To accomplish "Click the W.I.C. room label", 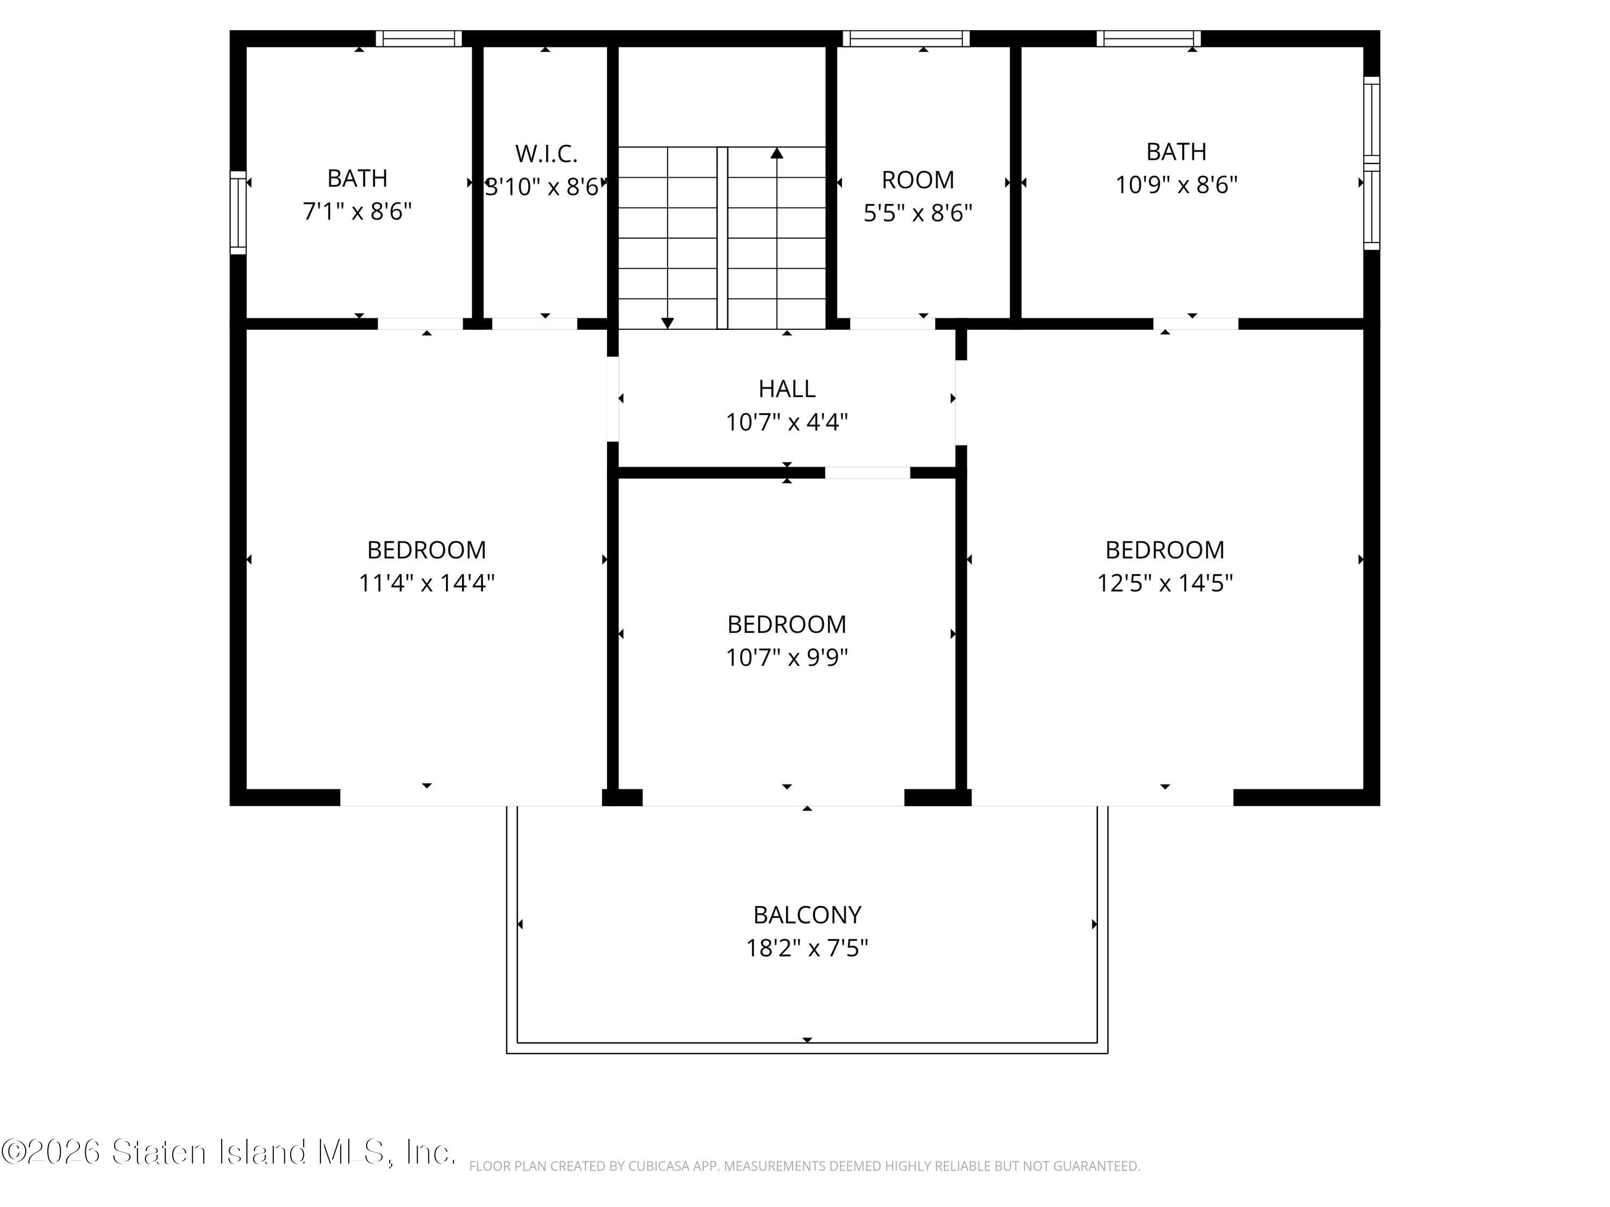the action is tap(546, 153).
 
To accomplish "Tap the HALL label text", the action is tap(787, 388).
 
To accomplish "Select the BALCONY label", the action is tap(807, 915).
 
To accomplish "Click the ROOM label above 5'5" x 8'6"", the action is tap(918, 180).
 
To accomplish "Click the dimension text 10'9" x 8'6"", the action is tap(1176, 185).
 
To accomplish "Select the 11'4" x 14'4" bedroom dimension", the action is tap(427, 583).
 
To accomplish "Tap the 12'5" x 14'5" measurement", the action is tap(1165, 583).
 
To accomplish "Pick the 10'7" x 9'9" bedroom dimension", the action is tap(787, 658).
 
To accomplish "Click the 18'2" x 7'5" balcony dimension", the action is tap(807, 948).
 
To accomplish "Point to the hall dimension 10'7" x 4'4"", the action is tap(787, 422).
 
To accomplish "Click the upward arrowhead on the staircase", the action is tap(777, 153).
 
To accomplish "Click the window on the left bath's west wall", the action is tap(238, 212).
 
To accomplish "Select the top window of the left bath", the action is tap(419, 39).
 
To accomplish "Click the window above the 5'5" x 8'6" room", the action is tap(906, 39).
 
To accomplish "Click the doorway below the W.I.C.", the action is tap(535, 324).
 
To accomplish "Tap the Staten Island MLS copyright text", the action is tap(229, 1152).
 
